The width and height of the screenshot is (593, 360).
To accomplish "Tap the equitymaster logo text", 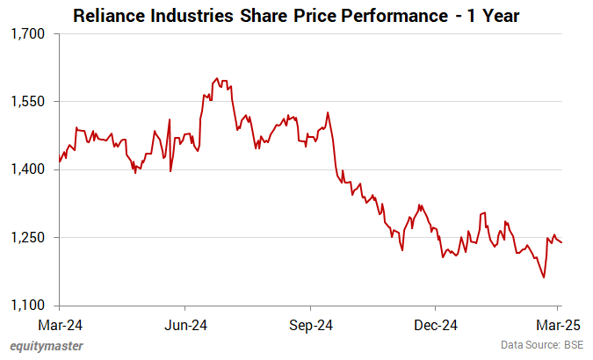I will click(45, 346).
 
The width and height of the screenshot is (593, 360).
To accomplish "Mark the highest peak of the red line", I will click(217, 78).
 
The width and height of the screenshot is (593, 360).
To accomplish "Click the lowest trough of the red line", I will click(544, 277).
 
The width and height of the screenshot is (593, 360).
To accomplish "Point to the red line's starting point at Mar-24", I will click(59, 162).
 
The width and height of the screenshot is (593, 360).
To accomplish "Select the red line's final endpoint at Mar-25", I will click(561, 242).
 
